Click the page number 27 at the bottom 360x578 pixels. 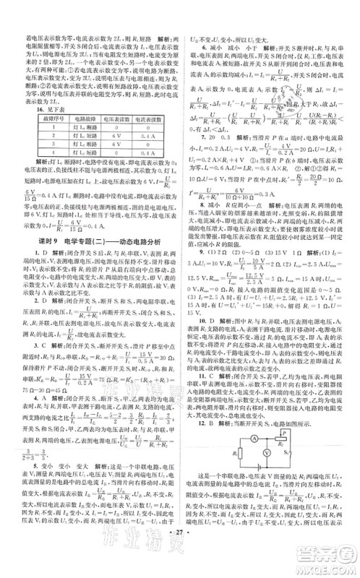point(180,560)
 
